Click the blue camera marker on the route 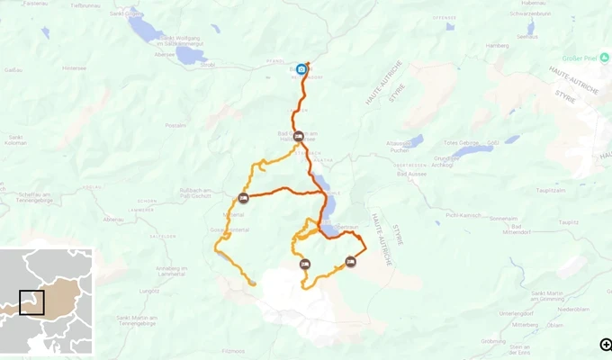(x=301, y=68)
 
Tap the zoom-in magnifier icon (x=606, y=344)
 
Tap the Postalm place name (x=176, y=125)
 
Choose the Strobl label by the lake (x=207, y=65)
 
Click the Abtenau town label (x=113, y=219)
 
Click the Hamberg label (x=497, y=44)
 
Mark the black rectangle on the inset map (x=31, y=302)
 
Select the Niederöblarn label (x=572, y=308)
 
